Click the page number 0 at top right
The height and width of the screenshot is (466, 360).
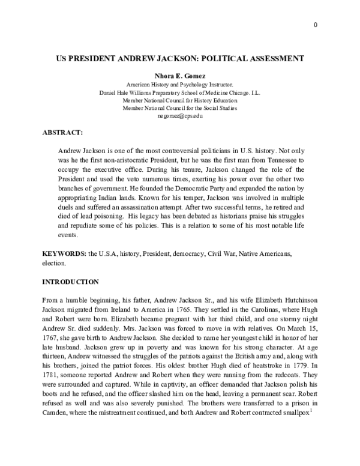(315, 24)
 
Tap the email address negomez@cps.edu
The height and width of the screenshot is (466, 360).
(179, 115)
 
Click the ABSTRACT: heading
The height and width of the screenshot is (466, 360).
(62, 130)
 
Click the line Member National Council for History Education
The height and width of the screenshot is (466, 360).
(179, 100)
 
